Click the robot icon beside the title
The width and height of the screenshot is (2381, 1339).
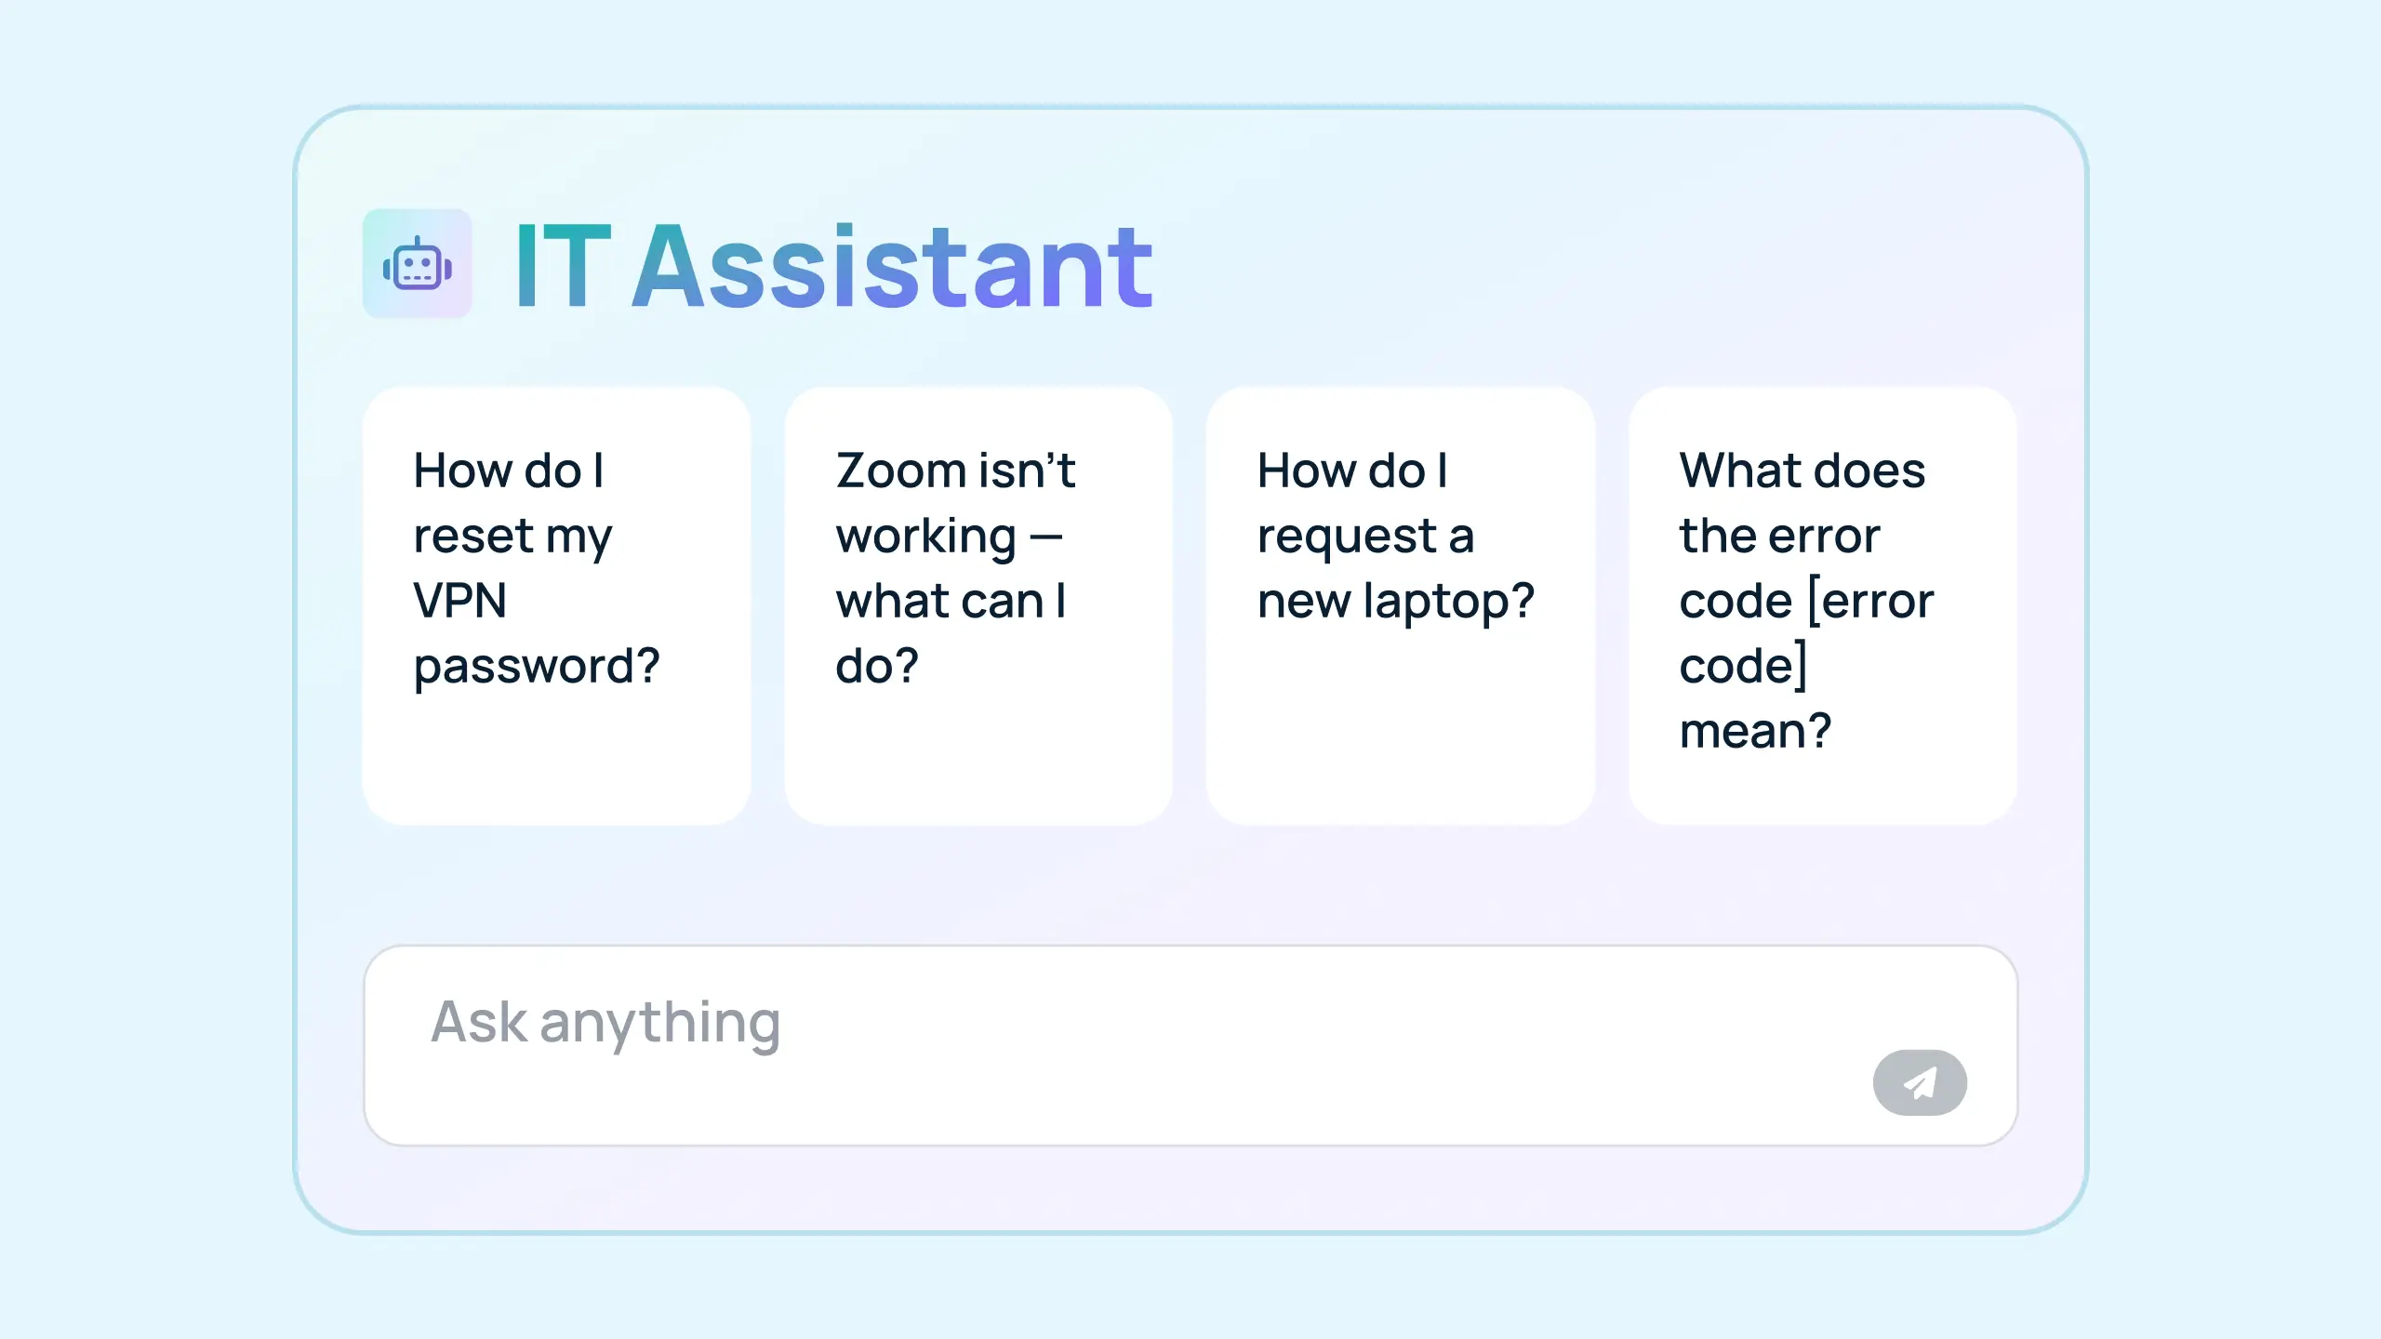(417, 264)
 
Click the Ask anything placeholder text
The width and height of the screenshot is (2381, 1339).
(605, 1023)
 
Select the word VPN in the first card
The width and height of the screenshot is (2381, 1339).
(460, 601)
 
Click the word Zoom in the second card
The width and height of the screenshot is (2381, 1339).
(901, 471)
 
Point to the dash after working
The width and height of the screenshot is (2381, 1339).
(1046, 537)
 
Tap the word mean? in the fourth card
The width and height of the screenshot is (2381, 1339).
(1755, 732)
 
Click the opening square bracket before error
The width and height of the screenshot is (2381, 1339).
(1814, 601)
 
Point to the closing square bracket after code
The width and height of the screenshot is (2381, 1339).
(1802, 666)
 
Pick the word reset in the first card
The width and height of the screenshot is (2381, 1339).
(473, 537)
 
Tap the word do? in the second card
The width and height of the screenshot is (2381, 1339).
(876, 667)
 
